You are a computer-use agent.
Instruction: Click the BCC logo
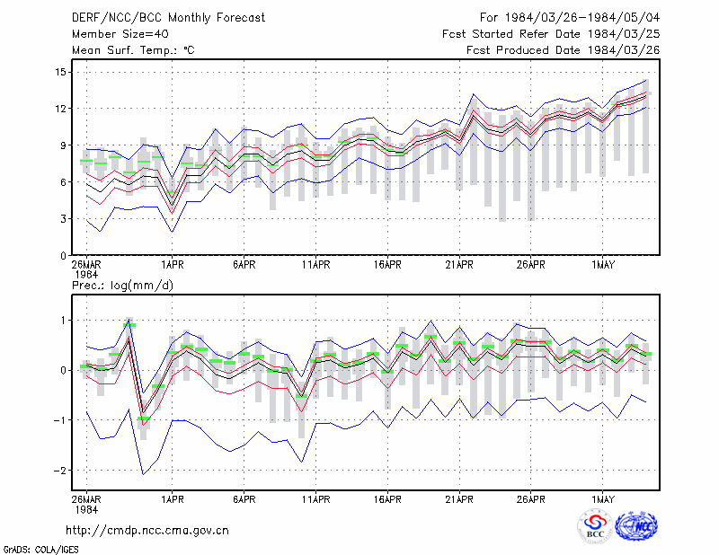(595, 526)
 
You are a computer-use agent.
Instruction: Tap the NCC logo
(636, 526)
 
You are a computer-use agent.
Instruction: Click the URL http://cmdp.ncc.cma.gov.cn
(147, 531)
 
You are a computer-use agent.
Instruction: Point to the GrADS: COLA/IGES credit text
(40, 550)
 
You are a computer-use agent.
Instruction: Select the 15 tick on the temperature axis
(60, 72)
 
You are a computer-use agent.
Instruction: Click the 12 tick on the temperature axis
(60, 109)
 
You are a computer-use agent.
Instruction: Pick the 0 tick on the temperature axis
(63, 256)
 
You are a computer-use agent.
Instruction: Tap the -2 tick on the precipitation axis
(59, 471)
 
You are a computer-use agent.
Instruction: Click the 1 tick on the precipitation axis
(63, 321)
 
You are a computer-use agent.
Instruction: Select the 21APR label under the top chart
(459, 265)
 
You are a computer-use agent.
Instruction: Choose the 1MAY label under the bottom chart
(602, 499)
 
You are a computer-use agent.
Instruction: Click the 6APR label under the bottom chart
(244, 499)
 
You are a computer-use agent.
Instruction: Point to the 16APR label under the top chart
(387, 265)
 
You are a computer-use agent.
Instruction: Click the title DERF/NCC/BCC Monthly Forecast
(168, 18)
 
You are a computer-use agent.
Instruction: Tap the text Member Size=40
(120, 34)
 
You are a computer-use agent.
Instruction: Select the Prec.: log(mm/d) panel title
(122, 286)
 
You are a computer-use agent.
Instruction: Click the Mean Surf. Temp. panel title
(133, 50)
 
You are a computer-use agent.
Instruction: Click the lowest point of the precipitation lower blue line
(143, 474)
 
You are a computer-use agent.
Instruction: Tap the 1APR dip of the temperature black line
(173, 206)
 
